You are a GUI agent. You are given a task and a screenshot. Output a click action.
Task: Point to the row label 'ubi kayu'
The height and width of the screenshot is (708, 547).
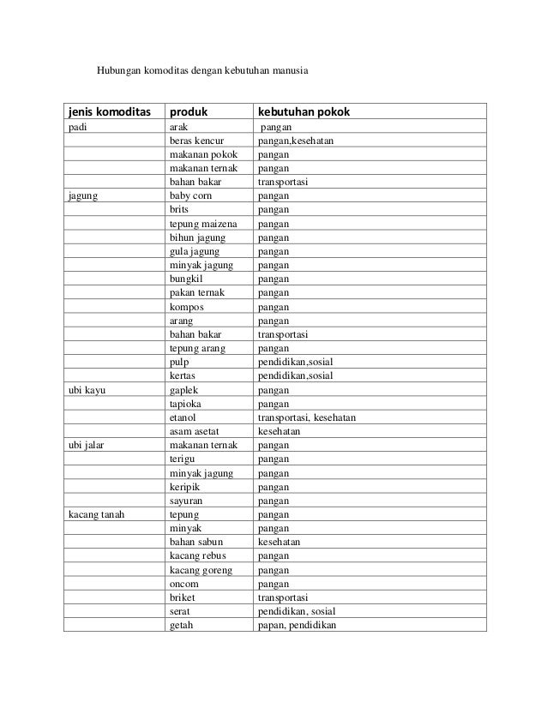[x=88, y=389]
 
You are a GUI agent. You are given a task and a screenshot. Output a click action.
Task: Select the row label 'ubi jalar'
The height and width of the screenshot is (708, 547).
[x=88, y=446]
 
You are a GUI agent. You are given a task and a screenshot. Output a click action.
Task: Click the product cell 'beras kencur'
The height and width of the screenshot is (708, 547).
[x=197, y=140]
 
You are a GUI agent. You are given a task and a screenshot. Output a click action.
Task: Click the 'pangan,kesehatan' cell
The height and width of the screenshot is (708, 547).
[x=298, y=140]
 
